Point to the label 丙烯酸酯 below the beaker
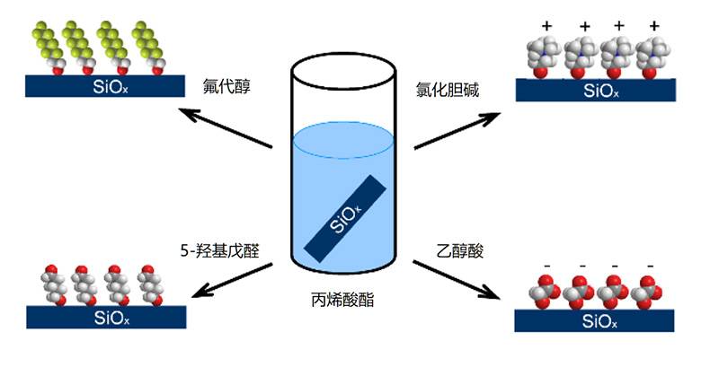(x=345, y=301)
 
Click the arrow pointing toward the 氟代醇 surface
(x=225, y=127)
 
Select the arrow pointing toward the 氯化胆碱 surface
(x=458, y=128)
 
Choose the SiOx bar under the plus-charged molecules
(x=596, y=91)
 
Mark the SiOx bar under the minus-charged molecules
(x=594, y=322)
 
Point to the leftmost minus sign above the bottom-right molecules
(x=546, y=266)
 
